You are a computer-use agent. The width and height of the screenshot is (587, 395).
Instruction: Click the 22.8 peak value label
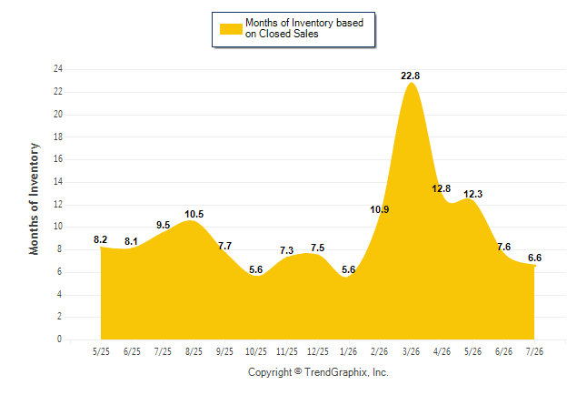coord(411,76)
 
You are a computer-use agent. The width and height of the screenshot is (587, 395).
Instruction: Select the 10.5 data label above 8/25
coord(194,214)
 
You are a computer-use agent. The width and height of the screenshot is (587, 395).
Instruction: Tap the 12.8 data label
coord(442,188)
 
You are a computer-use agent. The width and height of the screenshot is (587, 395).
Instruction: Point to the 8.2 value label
coord(100,239)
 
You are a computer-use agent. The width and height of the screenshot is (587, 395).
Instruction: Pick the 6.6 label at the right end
coord(534,258)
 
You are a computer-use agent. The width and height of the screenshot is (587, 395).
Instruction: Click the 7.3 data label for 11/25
coord(287,250)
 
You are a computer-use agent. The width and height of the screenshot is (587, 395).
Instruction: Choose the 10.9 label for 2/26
coord(380,209)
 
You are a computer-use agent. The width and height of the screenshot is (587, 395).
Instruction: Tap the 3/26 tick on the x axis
coord(411,351)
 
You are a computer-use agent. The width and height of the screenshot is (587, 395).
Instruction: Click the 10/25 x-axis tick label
coord(256,351)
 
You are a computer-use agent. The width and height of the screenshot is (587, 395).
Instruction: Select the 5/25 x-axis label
coord(101,351)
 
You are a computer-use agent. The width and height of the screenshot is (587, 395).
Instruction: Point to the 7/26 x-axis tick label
coord(534,351)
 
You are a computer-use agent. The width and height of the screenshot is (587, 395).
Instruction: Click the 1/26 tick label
coord(349,351)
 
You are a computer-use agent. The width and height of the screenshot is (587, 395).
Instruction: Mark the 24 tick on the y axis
coord(58,69)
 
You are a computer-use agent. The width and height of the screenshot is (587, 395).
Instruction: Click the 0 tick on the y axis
coord(60,339)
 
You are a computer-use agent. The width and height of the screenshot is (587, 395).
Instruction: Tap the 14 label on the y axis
coord(58,182)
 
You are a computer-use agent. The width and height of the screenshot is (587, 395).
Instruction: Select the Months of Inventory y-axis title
coord(34,198)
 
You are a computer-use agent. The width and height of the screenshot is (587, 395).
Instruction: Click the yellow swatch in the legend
coord(231,29)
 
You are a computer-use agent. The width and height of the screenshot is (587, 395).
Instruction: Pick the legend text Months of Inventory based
coord(304,23)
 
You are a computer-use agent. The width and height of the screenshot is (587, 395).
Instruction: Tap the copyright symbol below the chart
coord(298,371)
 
